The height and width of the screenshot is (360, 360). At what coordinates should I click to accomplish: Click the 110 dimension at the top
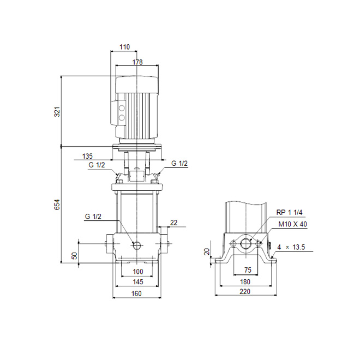tap(125, 47)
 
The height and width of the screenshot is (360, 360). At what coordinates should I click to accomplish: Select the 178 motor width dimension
tap(137, 62)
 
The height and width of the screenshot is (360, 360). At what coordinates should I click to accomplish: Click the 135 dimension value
tap(87, 156)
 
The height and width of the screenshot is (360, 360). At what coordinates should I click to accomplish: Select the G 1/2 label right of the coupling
tap(179, 163)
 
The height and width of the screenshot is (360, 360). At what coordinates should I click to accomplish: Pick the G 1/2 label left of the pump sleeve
tap(93, 217)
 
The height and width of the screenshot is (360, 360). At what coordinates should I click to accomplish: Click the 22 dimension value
tap(174, 223)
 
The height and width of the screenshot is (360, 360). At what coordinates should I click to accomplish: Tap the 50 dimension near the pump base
tap(75, 255)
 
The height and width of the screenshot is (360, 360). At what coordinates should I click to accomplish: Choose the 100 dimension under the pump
tap(138, 272)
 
